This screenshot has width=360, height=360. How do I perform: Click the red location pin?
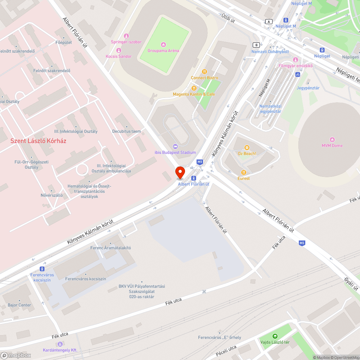point(180,172)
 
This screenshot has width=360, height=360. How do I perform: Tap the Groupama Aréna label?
point(163,50)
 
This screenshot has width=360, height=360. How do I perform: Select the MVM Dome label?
point(332,145)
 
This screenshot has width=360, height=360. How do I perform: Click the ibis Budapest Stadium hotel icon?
point(175,146)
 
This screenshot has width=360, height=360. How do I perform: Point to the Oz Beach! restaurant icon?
point(247,148)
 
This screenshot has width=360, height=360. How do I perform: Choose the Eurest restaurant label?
point(243,178)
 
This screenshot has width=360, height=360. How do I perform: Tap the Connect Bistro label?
point(204,78)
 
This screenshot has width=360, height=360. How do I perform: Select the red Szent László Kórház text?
point(38,141)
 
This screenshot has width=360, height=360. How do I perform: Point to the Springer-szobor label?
point(126,42)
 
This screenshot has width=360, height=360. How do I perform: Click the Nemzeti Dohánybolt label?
point(270,51)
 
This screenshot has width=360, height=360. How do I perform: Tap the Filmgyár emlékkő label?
point(295,66)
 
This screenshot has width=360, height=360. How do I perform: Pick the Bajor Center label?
point(19,305)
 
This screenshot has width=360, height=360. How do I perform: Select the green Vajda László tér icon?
point(275,336)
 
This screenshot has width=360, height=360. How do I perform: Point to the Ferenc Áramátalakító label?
point(110,248)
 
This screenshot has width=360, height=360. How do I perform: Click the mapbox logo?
point(16,355)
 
